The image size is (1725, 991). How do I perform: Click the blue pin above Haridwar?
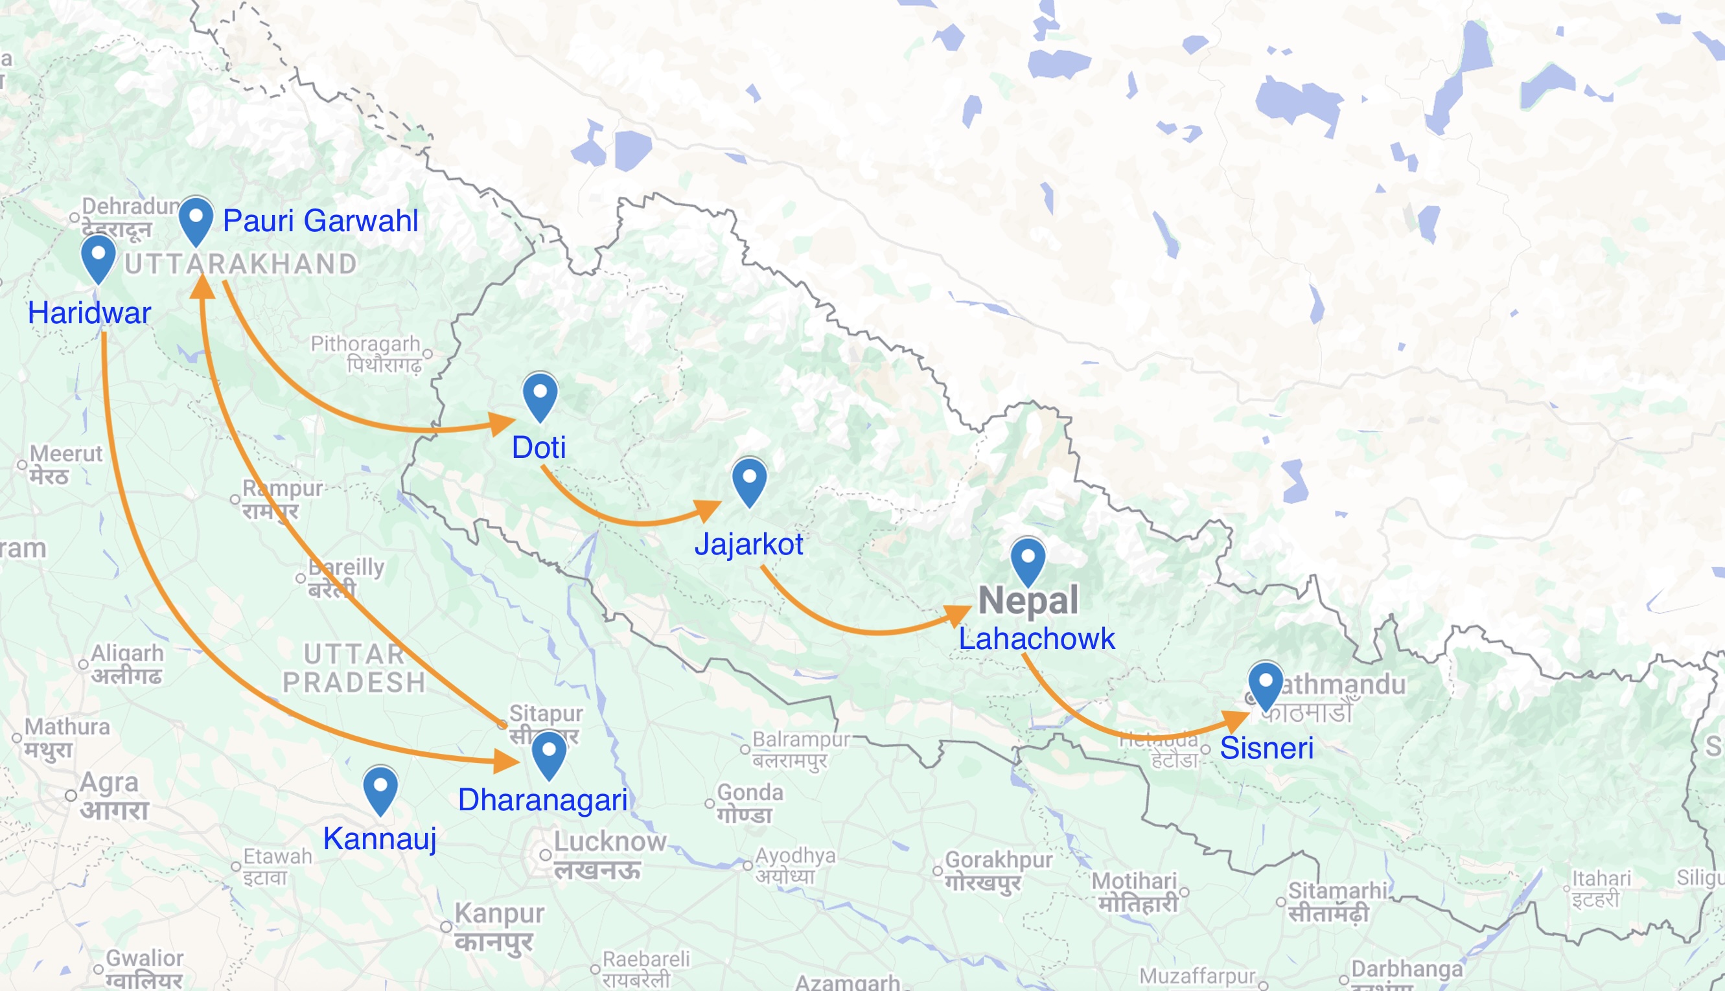coord(98,257)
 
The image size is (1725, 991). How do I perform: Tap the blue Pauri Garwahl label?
coord(320,220)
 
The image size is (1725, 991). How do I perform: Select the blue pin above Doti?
coord(540,394)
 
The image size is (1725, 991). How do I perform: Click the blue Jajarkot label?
coord(749,545)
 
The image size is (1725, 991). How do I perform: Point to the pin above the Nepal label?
coord(1028,560)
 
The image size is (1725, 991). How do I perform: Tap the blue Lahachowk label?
coord(1036,639)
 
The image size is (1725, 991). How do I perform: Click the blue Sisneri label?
coord(1266,748)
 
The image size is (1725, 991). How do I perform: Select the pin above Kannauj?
coord(380,789)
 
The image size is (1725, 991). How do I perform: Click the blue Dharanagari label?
coord(542,800)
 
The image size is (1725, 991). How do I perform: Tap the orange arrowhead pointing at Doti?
coord(502,424)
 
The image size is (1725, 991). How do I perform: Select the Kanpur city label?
coord(499,913)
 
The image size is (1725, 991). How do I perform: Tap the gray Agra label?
coord(109,782)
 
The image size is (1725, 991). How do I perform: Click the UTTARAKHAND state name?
coord(241,264)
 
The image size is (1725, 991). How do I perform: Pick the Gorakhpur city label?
coord(999,860)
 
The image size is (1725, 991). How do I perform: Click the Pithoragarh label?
coord(365,344)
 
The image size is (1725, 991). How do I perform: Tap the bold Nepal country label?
coord(1028,600)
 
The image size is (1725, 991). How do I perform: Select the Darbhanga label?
coord(1406,968)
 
